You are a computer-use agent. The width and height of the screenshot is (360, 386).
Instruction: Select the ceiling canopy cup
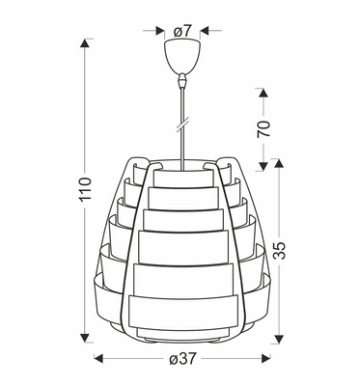[180, 52]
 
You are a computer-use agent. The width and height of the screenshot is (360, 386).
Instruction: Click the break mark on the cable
[180, 126]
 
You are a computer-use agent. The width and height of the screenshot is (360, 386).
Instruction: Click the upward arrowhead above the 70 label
[263, 93]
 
